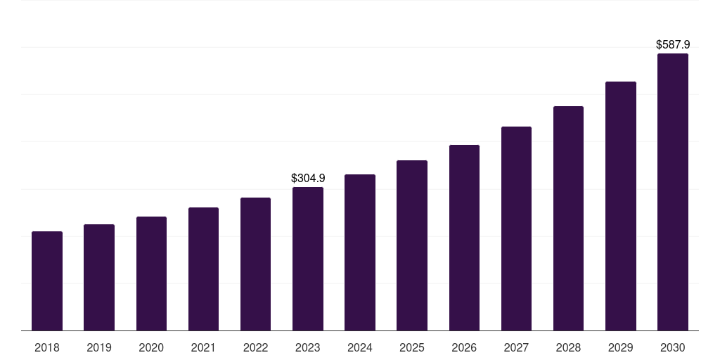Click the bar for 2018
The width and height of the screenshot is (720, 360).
[47, 281]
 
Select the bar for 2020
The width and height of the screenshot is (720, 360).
[151, 274]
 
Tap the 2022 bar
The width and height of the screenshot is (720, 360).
[255, 264]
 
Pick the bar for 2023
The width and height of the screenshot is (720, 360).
[308, 259]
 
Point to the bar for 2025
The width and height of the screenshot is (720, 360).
[412, 245]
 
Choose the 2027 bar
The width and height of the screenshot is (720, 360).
[516, 229]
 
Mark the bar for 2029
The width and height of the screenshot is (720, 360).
[621, 206]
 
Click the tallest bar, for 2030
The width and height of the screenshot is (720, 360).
[673, 192]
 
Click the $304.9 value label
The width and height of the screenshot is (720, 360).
[308, 179]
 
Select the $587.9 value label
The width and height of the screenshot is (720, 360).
[673, 45]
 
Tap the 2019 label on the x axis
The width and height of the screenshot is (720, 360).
[99, 347]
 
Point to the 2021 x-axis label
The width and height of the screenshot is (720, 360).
[203, 347]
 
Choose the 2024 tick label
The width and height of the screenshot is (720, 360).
[360, 347]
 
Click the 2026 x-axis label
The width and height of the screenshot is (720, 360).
[464, 347]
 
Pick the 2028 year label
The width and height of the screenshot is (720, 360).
[568, 347]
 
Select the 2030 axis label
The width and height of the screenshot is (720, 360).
[673, 347]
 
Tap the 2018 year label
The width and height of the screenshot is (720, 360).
[47, 347]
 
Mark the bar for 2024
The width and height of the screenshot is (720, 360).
[360, 252]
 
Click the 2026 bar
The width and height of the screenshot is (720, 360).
[464, 238]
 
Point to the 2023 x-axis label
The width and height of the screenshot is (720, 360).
[308, 347]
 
